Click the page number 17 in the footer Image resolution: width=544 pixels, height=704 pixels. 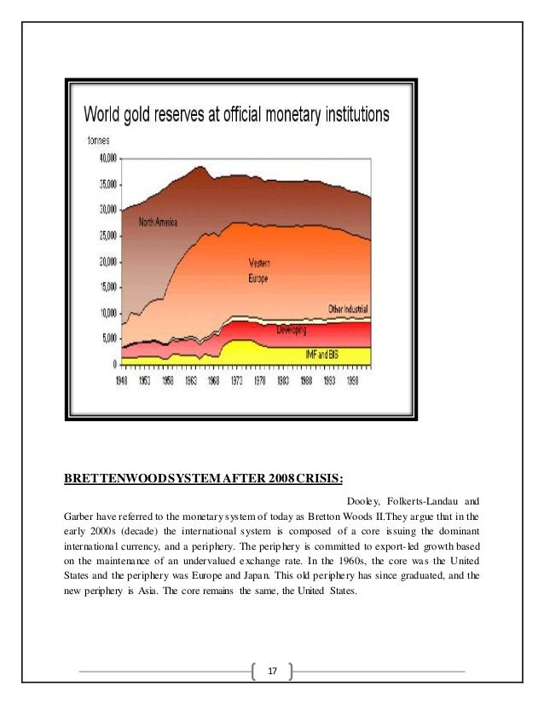pyautogui.click(x=272, y=672)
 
